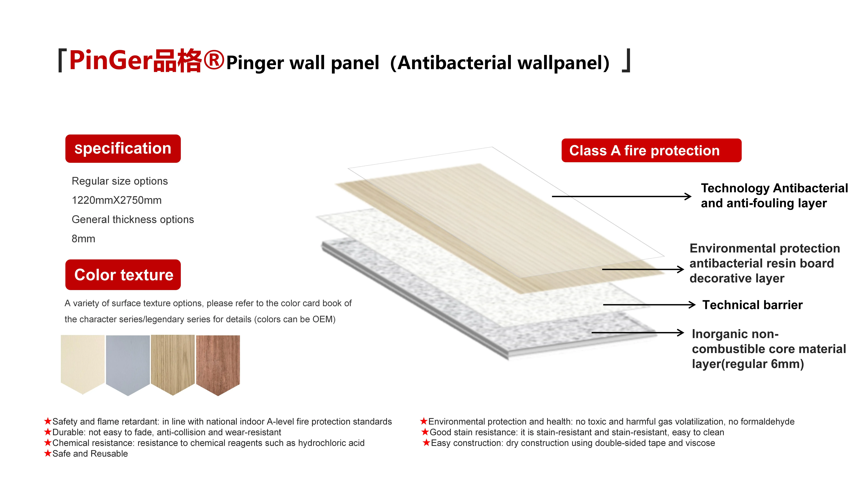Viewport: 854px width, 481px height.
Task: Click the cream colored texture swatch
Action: click(83, 362)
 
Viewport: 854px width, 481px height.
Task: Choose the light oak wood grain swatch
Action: click(173, 362)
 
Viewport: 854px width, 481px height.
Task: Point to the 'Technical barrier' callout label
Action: click(753, 305)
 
